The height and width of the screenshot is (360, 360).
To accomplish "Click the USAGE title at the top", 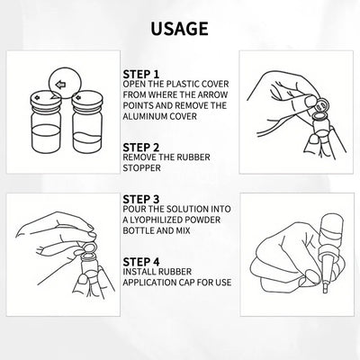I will coord(180,29).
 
